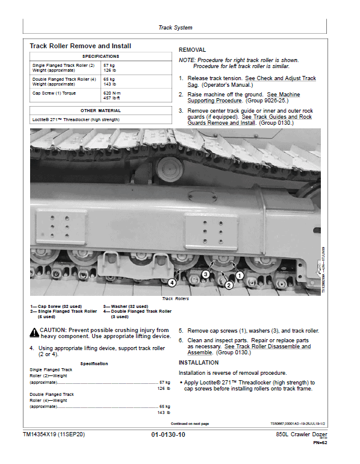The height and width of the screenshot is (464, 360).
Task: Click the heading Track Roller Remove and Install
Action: point(80,46)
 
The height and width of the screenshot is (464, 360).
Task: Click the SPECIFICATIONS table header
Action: point(101,56)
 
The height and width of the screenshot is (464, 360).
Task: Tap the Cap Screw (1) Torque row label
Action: point(54,93)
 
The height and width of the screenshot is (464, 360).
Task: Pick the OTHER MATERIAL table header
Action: point(101,111)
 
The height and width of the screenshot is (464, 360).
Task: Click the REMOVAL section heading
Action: point(192,50)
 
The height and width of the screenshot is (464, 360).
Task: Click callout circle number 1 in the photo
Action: point(239,275)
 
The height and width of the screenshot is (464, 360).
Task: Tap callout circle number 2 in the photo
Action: point(228,286)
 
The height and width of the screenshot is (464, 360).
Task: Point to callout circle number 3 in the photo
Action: point(205,274)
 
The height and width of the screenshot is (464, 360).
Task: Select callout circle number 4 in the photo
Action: point(172,282)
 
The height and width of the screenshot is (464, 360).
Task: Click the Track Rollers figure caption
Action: point(175,299)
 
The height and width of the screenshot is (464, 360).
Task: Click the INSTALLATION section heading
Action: point(199,363)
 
